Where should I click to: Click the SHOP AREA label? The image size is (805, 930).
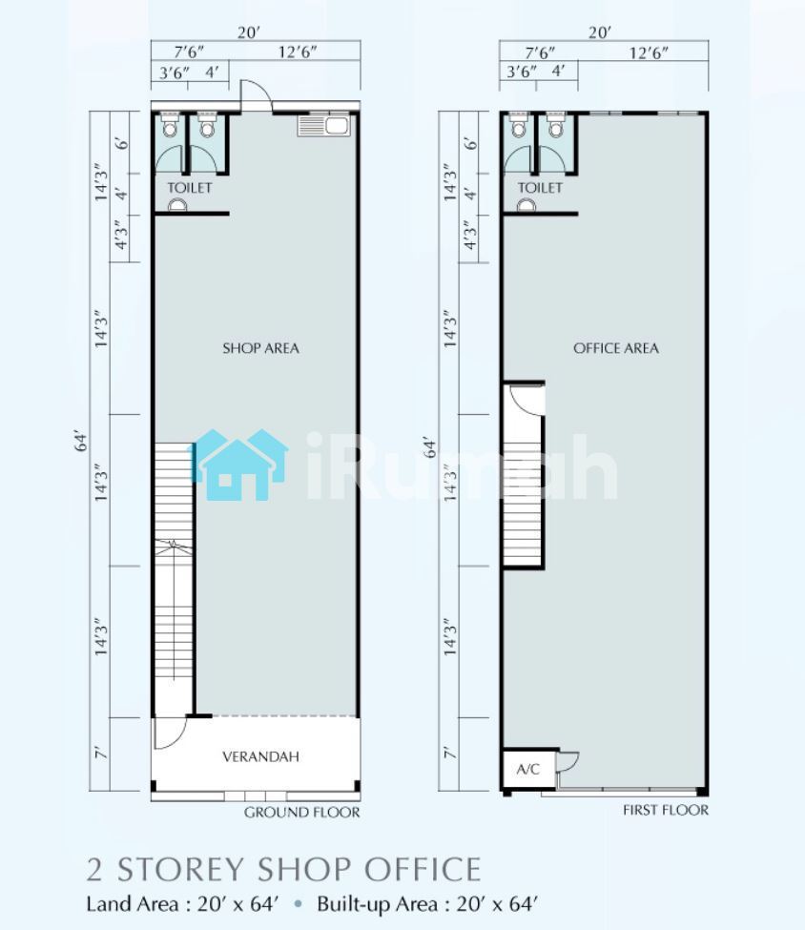click(x=260, y=348)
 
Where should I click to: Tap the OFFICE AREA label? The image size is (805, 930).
click(x=616, y=348)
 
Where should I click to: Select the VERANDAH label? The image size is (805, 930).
click(x=260, y=756)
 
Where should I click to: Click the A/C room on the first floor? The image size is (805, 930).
click(x=528, y=769)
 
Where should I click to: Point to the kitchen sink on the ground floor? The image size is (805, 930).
click(x=324, y=126)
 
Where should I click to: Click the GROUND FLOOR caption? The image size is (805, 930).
click(x=302, y=812)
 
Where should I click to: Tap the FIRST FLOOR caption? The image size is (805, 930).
click(x=666, y=810)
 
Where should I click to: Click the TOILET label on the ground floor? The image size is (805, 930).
click(x=189, y=187)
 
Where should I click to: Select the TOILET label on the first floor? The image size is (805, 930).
click(x=540, y=187)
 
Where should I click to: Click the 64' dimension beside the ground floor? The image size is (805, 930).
click(x=81, y=443)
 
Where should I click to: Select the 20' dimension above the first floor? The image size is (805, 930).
click(x=599, y=32)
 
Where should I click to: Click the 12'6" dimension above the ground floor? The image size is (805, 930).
click(x=298, y=52)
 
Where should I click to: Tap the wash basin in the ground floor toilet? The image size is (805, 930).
click(x=177, y=205)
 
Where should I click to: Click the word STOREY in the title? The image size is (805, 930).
click(x=181, y=870)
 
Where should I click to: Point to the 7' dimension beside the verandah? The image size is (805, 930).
click(x=101, y=753)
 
